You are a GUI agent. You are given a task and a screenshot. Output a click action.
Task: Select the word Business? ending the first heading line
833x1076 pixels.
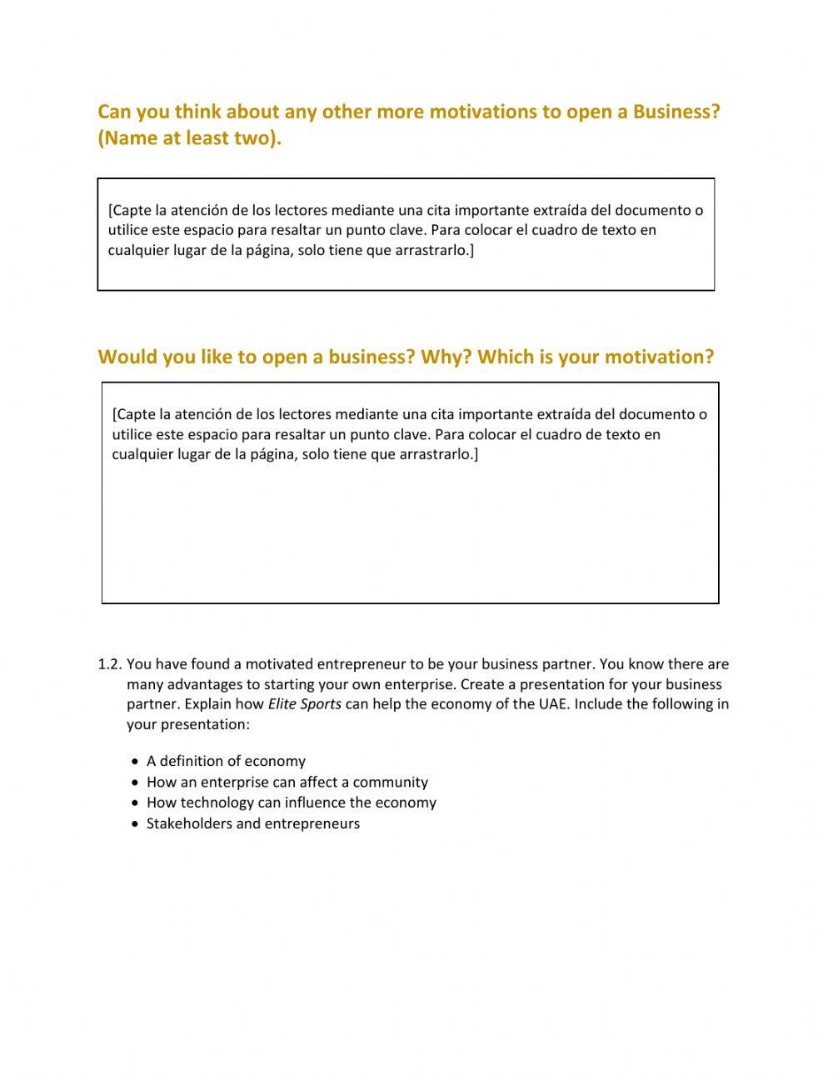(x=676, y=112)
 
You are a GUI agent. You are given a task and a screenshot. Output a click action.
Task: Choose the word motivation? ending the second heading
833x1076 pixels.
(x=659, y=357)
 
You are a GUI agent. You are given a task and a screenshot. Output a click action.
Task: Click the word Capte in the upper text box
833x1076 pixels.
(x=132, y=210)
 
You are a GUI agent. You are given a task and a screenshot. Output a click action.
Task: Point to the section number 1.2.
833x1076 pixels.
(x=110, y=664)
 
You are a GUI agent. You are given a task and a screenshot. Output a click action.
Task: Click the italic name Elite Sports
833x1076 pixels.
(x=304, y=703)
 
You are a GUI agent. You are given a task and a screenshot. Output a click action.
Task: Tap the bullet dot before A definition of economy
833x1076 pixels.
(x=135, y=762)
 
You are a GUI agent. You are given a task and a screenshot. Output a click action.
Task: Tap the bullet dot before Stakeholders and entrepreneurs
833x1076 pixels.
(x=135, y=824)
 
